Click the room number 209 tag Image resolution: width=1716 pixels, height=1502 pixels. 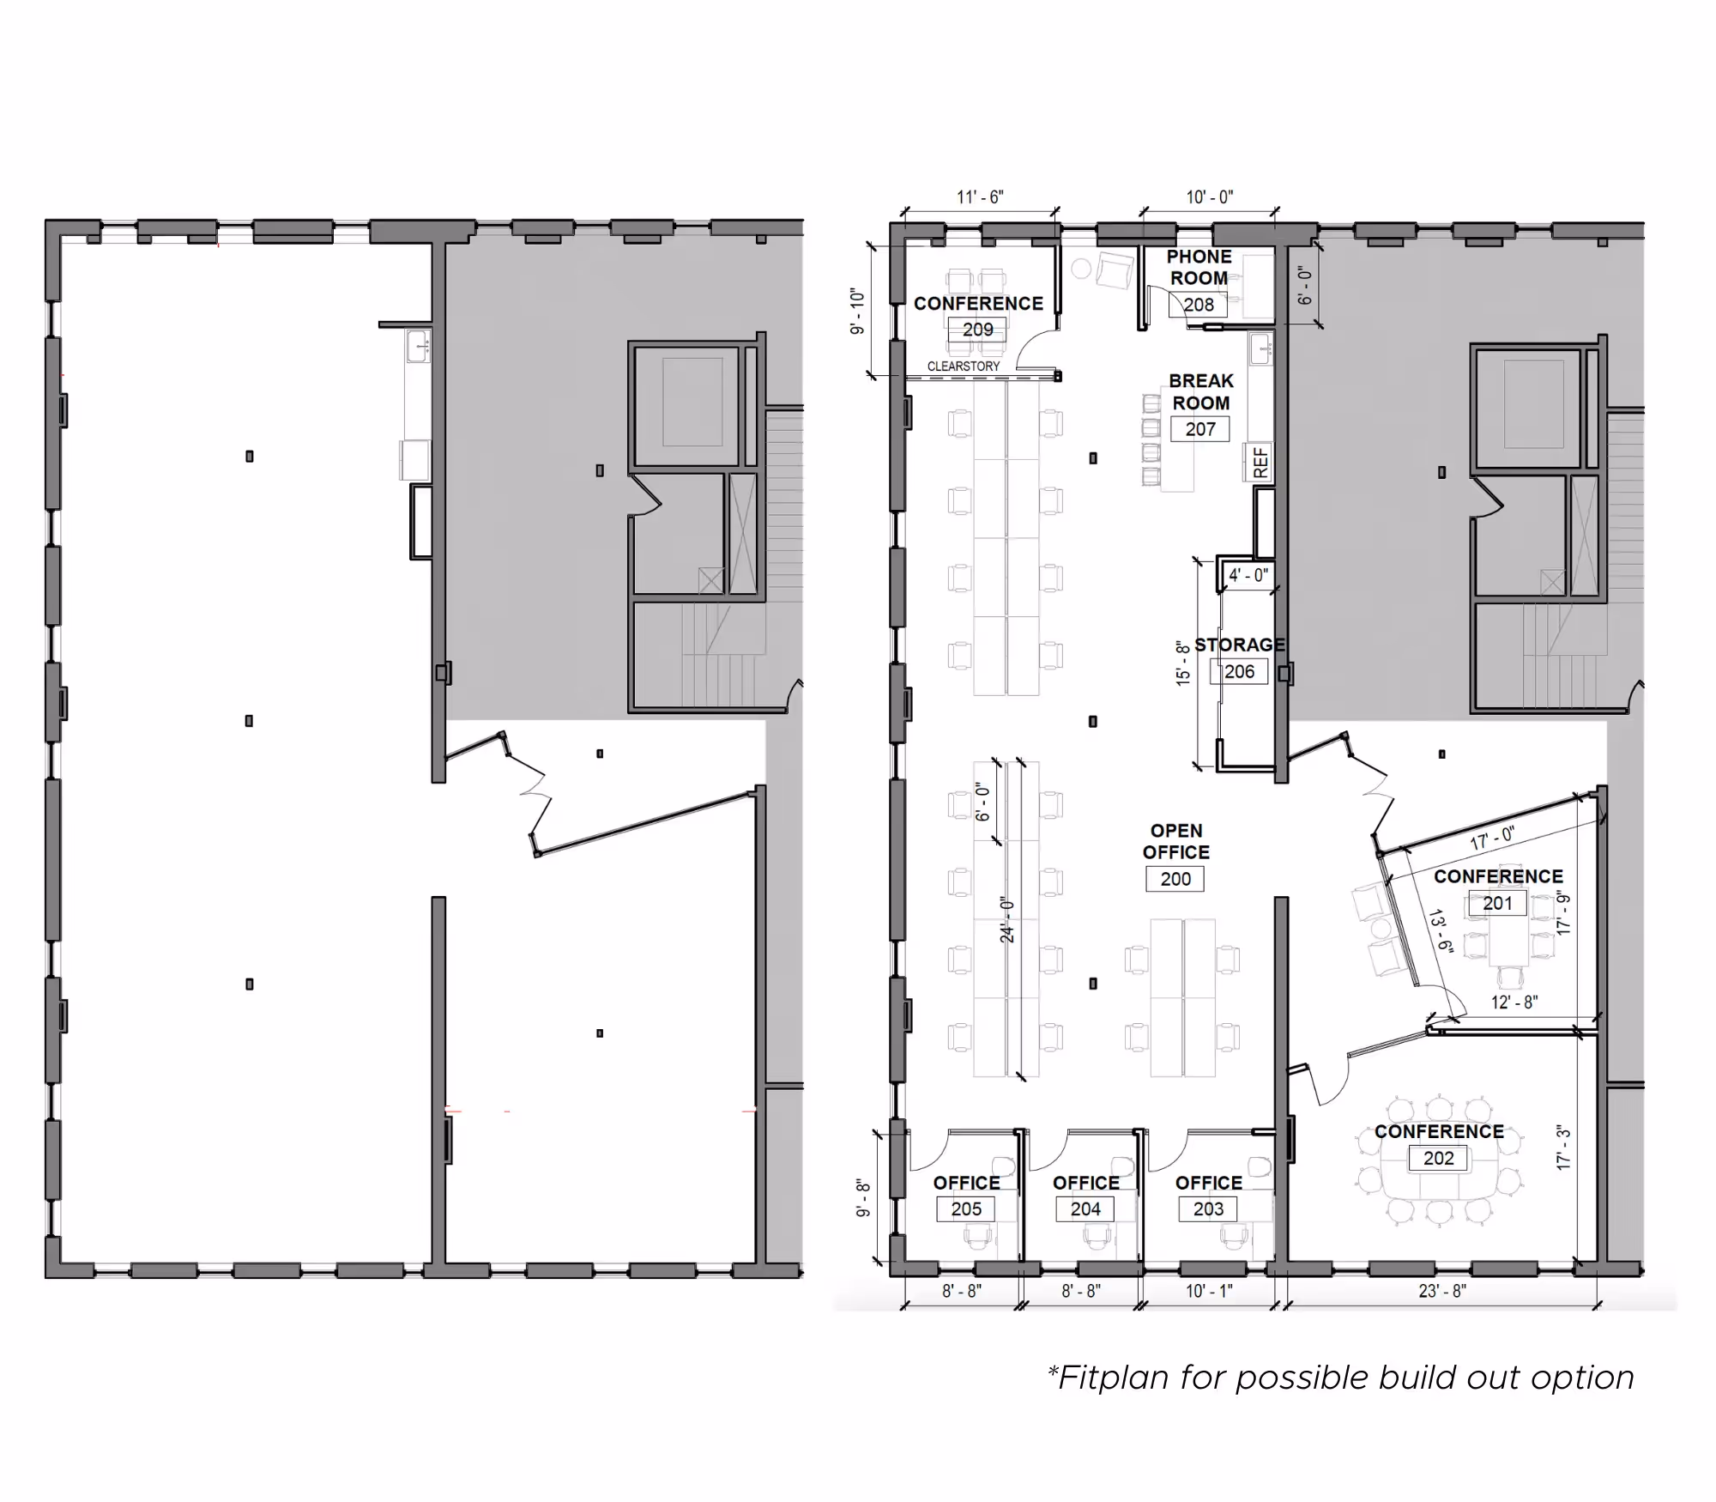[x=977, y=330]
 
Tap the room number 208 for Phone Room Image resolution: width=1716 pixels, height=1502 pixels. [x=1199, y=305]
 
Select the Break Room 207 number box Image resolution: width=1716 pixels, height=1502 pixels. [x=1200, y=429]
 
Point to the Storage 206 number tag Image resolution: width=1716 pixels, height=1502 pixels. [x=1239, y=671]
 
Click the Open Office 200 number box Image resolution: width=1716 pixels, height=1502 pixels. [x=1175, y=879]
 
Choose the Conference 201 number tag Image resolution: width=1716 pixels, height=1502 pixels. [x=1497, y=903]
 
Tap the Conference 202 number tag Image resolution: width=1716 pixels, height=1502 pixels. [x=1439, y=1158]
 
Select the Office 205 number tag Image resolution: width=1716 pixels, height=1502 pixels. [x=966, y=1208]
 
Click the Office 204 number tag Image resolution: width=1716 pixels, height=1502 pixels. [x=1085, y=1208]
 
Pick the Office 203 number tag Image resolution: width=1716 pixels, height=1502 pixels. [x=1208, y=1208]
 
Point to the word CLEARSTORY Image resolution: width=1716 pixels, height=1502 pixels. [x=963, y=366]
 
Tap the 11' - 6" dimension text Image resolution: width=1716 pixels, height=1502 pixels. [x=980, y=197]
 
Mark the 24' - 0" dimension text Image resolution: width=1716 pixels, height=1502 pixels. [x=1008, y=920]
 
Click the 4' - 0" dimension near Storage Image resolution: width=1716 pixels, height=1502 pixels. [x=1248, y=575]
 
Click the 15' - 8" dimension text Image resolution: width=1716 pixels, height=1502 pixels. [x=1184, y=662]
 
